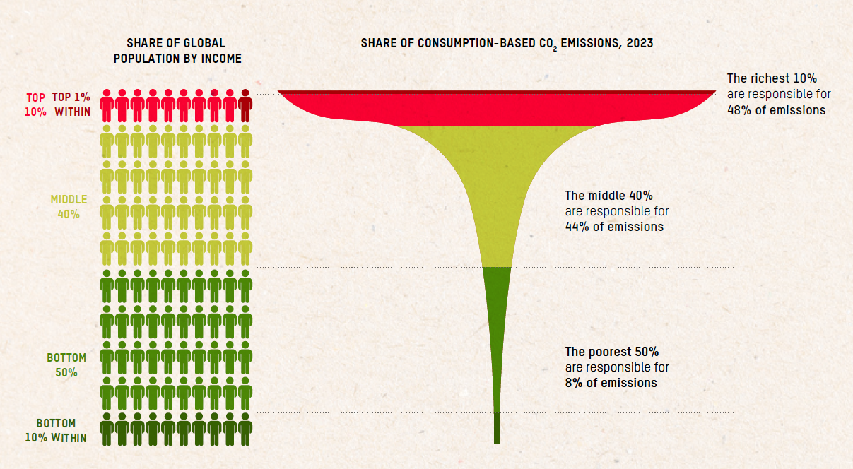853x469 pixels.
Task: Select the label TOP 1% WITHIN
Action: coord(72,104)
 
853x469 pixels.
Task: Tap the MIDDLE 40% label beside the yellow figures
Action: coord(68,207)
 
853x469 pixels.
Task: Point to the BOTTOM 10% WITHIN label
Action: coord(61,431)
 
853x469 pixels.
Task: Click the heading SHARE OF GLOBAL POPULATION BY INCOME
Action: coord(177,51)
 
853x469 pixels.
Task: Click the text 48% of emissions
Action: coord(776,110)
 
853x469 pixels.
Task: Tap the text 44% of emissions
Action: coord(614,227)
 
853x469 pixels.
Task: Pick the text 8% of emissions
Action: coord(611,383)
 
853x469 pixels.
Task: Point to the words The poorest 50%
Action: coord(611,351)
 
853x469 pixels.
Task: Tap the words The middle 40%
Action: coord(608,195)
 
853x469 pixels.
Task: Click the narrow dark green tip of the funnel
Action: coord(497,428)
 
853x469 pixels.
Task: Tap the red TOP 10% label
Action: coord(36,104)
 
